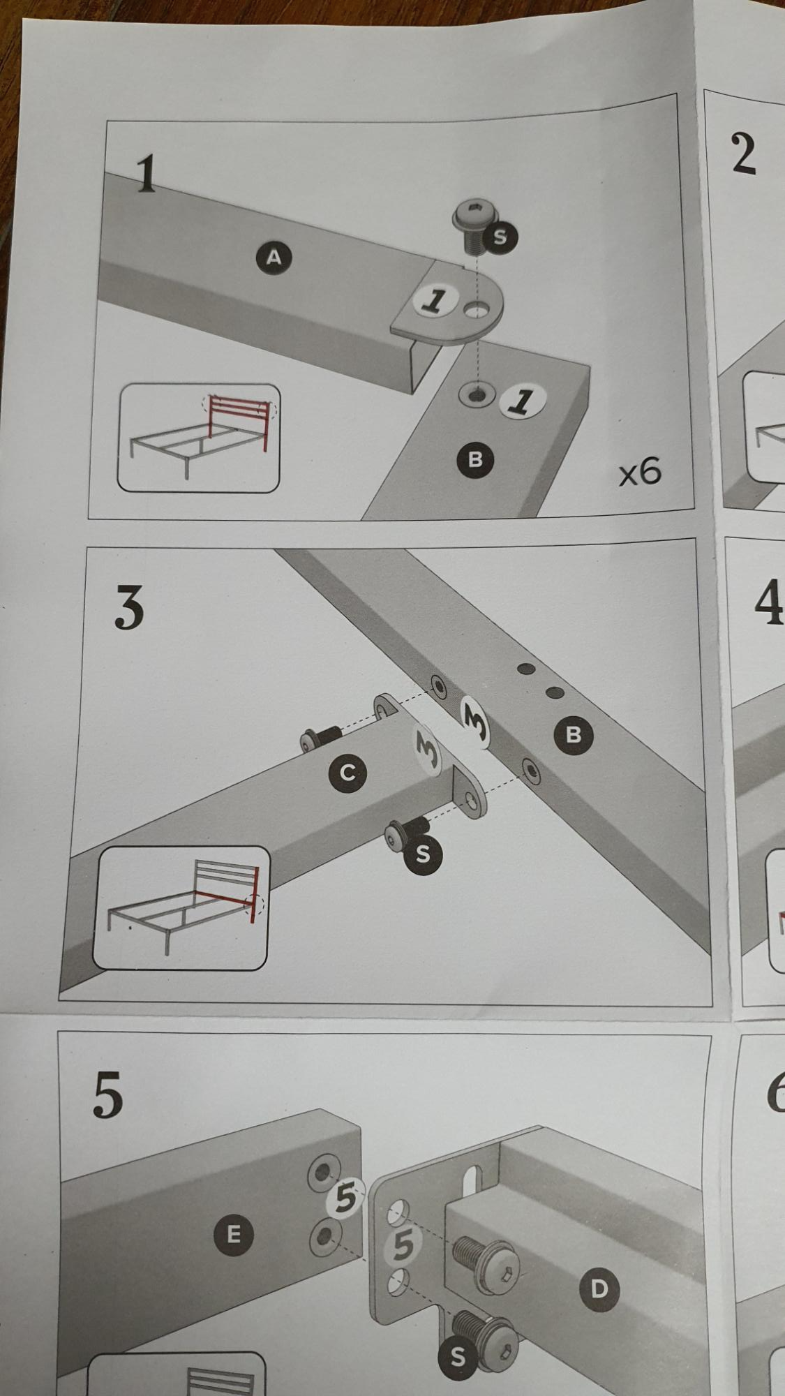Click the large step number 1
(146, 175)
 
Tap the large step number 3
(129, 607)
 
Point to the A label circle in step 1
(274, 257)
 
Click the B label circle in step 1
(476, 459)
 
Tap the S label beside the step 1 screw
(500, 237)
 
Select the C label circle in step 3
(348, 773)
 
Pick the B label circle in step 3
(574, 734)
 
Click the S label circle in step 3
(422, 854)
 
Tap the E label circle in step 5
(233, 1234)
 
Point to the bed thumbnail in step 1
(198, 437)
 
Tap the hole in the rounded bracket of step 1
(478, 308)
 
